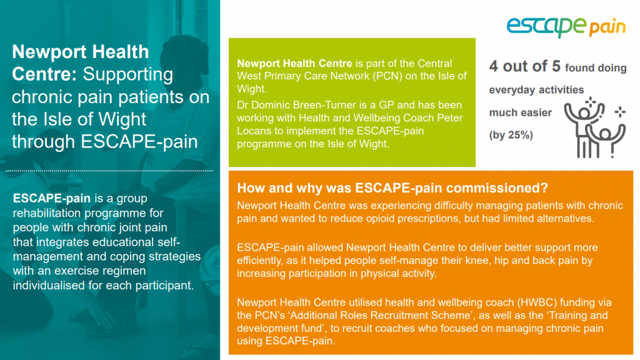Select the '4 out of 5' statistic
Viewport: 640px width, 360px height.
pyautogui.click(x=524, y=66)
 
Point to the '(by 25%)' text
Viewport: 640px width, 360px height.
pyautogui.click(x=511, y=134)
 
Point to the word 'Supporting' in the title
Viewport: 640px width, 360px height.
pyautogui.click(x=128, y=74)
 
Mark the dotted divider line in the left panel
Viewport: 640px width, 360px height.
pyautogui.click(x=110, y=170)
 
